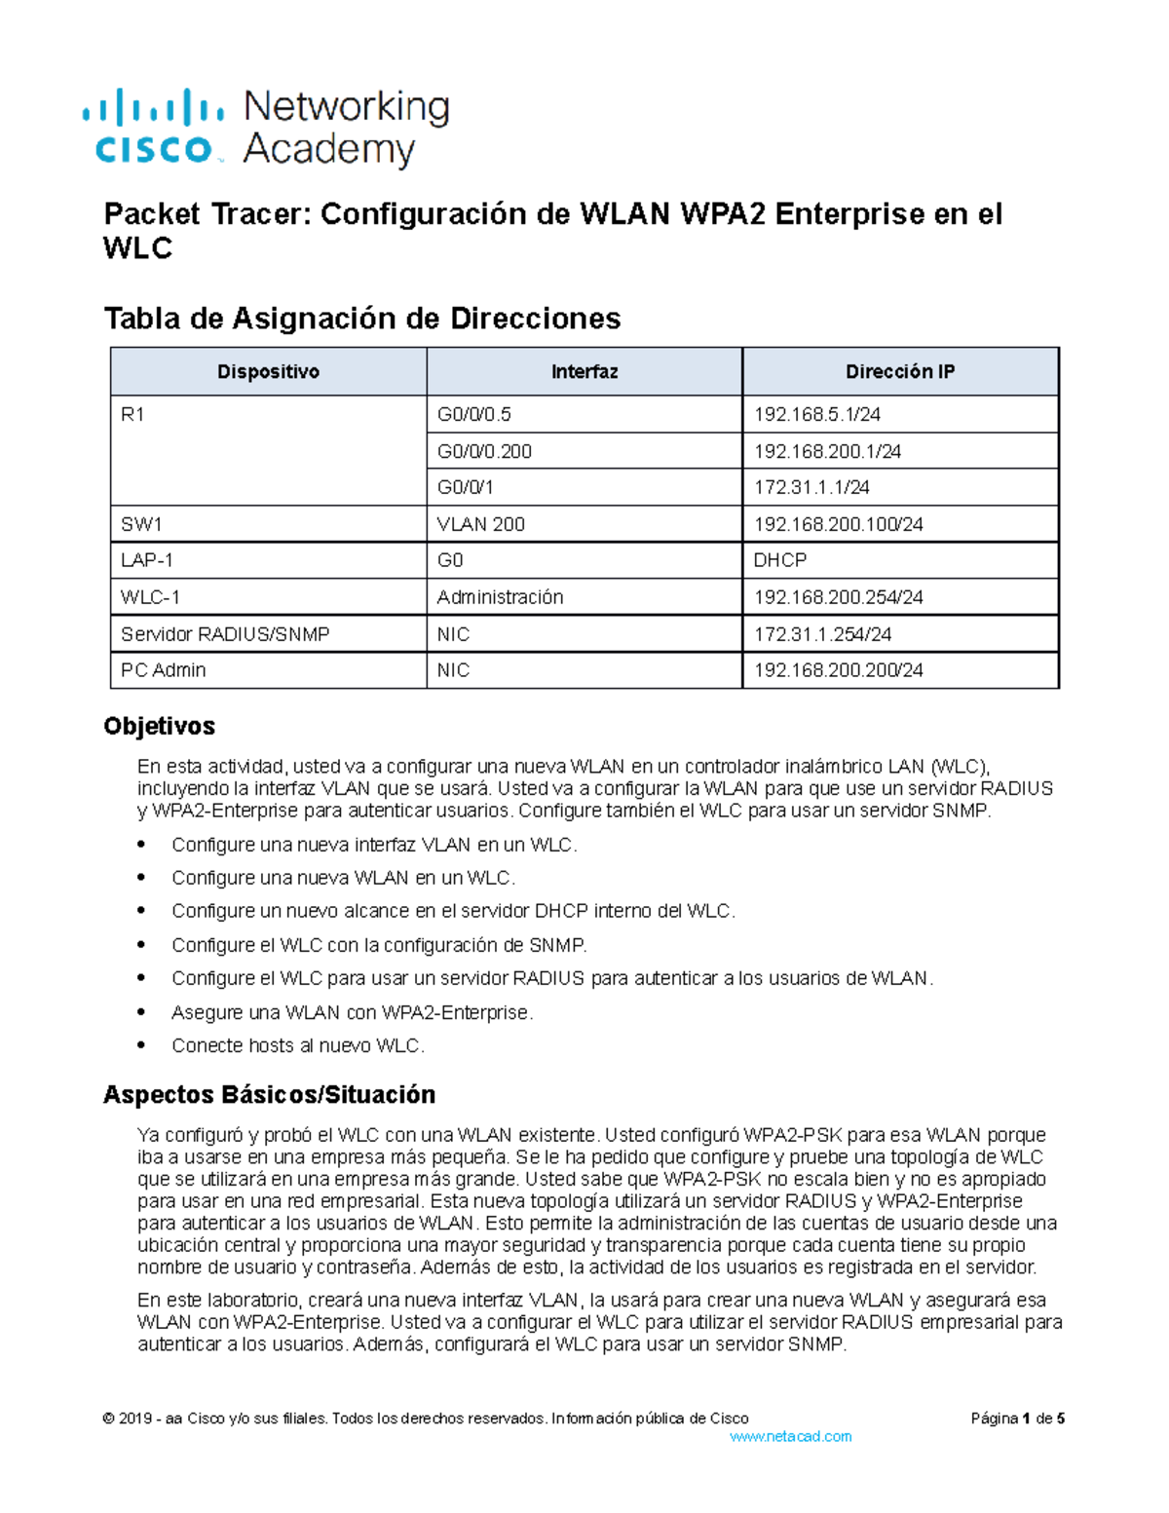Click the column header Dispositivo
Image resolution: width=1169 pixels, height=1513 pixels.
click(x=268, y=371)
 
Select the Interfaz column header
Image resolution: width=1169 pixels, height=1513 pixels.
click(x=584, y=371)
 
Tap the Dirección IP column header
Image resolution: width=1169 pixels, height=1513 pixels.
click(x=900, y=371)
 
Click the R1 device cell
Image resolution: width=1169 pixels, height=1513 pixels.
click(x=132, y=415)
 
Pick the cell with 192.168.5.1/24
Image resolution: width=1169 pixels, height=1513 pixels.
click(x=817, y=415)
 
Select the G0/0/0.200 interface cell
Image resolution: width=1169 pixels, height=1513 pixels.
click(x=484, y=451)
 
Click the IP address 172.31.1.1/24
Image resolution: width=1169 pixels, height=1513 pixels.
click(x=811, y=487)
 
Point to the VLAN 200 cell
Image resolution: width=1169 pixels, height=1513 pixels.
click(x=480, y=524)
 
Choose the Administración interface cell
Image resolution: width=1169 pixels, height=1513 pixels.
click(x=500, y=597)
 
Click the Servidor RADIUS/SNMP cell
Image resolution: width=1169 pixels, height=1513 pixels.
click(x=225, y=634)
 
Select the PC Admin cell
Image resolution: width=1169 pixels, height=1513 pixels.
click(x=163, y=670)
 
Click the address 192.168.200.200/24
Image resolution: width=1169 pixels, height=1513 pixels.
click(x=838, y=670)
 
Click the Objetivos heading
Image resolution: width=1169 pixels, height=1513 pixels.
click(x=159, y=726)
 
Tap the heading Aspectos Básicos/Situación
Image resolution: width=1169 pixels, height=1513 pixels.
click(x=269, y=1094)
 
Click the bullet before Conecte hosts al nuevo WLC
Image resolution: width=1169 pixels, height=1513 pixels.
click(x=142, y=1045)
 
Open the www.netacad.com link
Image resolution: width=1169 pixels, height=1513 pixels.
click(x=790, y=1436)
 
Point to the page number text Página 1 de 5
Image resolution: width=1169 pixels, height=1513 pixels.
click(x=1017, y=1418)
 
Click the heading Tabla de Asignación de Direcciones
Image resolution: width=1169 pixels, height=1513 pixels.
click(x=362, y=319)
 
